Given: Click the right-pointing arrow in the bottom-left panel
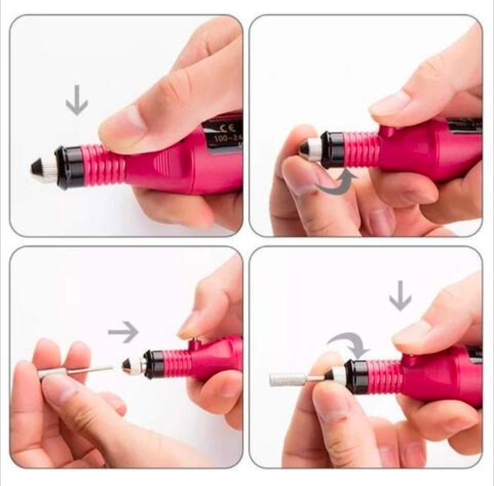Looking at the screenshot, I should point(123,332).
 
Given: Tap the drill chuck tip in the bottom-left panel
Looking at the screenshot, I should point(128,366).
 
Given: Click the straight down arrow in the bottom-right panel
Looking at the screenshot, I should point(400,295).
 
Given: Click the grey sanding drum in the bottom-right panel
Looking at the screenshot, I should point(286,379).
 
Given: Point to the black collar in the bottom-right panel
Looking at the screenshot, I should point(356,375).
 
